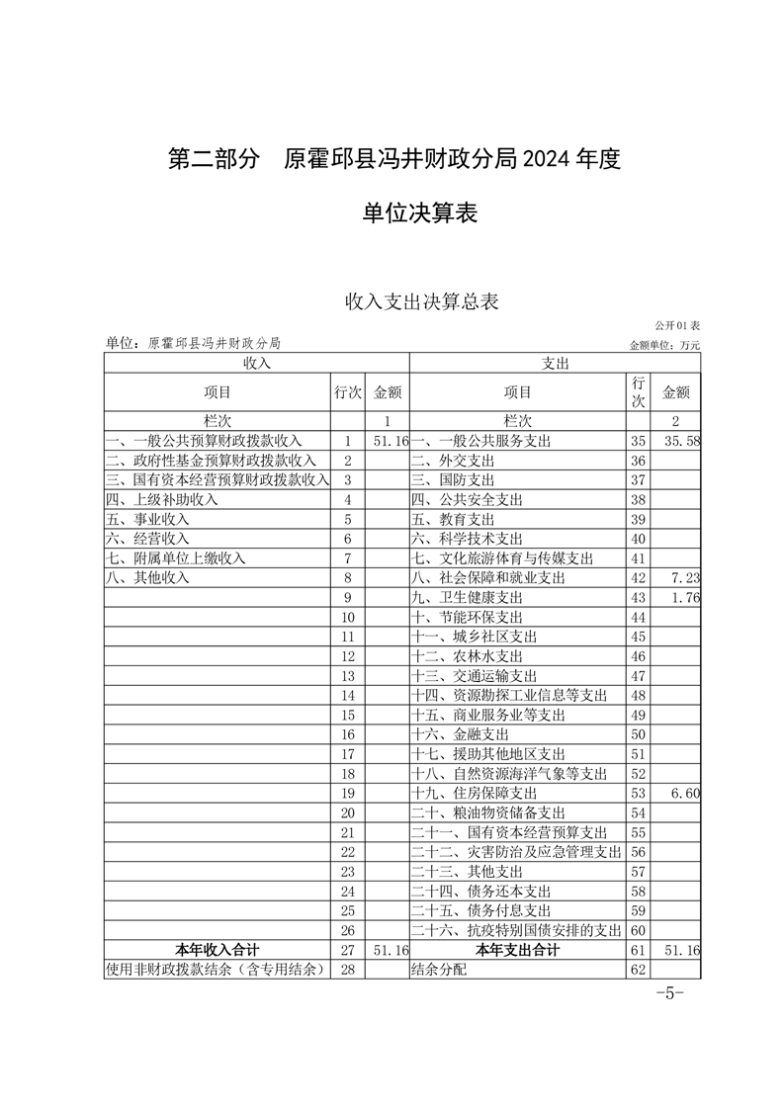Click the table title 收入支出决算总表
point(421,301)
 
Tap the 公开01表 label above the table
point(676,325)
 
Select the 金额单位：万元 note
point(663,345)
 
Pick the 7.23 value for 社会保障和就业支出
point(684,577)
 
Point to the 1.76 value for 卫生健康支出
point(684,597)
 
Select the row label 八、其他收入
point(147,577)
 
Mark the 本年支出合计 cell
point(517,950)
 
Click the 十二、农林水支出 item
point(467,655)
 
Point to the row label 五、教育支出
point(453,519)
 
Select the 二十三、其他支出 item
point(467,871)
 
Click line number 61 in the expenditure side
point(638,950)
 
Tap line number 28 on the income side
point(347,970)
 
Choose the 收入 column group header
point(256,364)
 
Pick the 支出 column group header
point(555,364)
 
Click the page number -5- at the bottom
point(670,993)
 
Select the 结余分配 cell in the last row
point(438,970)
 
